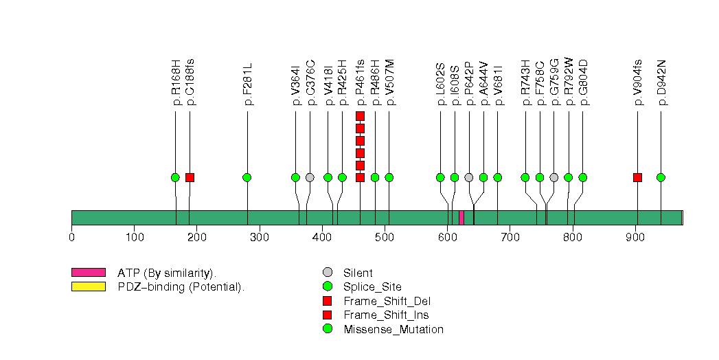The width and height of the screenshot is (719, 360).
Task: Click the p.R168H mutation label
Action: [x=176, y=83]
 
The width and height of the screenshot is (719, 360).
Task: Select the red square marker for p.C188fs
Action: [x=190, y=177]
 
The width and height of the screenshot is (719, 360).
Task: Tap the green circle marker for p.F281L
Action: [x=247, y=177]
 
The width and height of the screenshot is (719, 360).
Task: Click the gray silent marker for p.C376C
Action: [x=310, y=177]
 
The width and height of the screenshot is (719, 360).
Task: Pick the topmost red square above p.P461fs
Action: [x=360, y=115]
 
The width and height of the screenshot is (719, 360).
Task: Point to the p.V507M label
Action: [x=389, y=82]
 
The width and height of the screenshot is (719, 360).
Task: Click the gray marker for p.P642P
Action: [x=469, y=177]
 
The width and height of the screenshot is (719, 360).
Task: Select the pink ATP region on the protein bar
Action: [x=461, y=218]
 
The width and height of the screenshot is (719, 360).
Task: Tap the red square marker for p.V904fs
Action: [x=637, y=177]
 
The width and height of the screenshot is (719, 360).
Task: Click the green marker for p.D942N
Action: [x=661, y=177]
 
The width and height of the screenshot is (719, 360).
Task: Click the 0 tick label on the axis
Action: [x=71, y=238]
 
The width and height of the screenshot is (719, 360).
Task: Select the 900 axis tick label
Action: [x=635, y=238]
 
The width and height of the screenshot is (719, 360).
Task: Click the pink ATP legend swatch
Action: [x=88, y=273]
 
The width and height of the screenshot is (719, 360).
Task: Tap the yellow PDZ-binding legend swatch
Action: [x=88, y=286]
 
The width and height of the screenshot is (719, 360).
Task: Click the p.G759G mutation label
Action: [x=554, y=82]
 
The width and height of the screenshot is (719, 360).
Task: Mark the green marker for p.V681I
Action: [x=498, y=177]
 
